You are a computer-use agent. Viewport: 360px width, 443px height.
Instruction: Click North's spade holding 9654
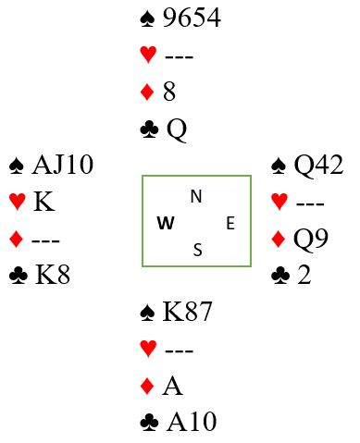pyautogui.click(x=192, y=18)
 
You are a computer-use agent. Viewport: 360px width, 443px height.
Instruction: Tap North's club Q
pyautogui.click(x=177, y=130)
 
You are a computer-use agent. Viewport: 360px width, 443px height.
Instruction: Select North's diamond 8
pyautogui.click(x=169, y=92)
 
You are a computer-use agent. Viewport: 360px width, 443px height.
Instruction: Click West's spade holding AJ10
pyautogui.click(x=63, y=165)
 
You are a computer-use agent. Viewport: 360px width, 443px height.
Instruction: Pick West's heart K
pyautogui.click(x=44, y=202)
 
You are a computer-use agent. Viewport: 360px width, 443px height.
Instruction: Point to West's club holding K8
pyautogui.click(x=53, y=275)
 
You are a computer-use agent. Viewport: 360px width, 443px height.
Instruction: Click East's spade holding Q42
pyautogui.click(x=318, y=166)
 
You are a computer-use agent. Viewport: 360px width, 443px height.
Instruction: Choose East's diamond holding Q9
pyautogui.click(x=311, y=239)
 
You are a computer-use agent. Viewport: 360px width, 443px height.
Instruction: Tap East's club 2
pyautogui.click(x=304, y=275)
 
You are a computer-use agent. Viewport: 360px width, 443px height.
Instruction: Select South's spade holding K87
pyautogui.click(x=187, y=312)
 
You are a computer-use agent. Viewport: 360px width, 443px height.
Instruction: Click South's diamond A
pyautogui.click(x=172, y=386)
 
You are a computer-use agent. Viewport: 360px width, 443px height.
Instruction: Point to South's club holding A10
pyautogui.click(x=192, y=422)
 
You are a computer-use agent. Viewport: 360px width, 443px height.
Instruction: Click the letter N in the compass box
pyautogui.click(x=196, y=196)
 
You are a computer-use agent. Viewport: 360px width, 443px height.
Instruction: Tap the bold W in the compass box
pyautogui.click(x=166, y=223)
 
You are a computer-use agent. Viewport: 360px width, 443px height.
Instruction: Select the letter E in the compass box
pyautogui.click(x=230, y=223)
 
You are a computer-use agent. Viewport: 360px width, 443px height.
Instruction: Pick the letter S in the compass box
pyautogui.click(x=198, y=250)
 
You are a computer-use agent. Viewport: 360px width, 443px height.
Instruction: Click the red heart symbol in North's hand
pyautogui.click(x=148, y=55)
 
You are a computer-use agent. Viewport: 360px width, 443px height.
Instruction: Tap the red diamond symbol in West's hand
pyautogui.click(x=17, y=240)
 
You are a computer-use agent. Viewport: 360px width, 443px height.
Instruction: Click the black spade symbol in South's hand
pyautogui.click(x=147, y=313)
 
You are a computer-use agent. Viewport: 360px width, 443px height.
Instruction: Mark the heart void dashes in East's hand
pyautogui.click(x=310, y=203)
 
